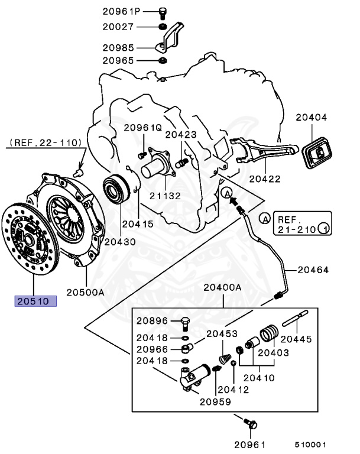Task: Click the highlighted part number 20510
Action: (35, 301)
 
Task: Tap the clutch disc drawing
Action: (31, 238)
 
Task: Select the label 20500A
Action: (85, 291)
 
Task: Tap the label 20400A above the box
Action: (223, 288)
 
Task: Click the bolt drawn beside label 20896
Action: (184, 322)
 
